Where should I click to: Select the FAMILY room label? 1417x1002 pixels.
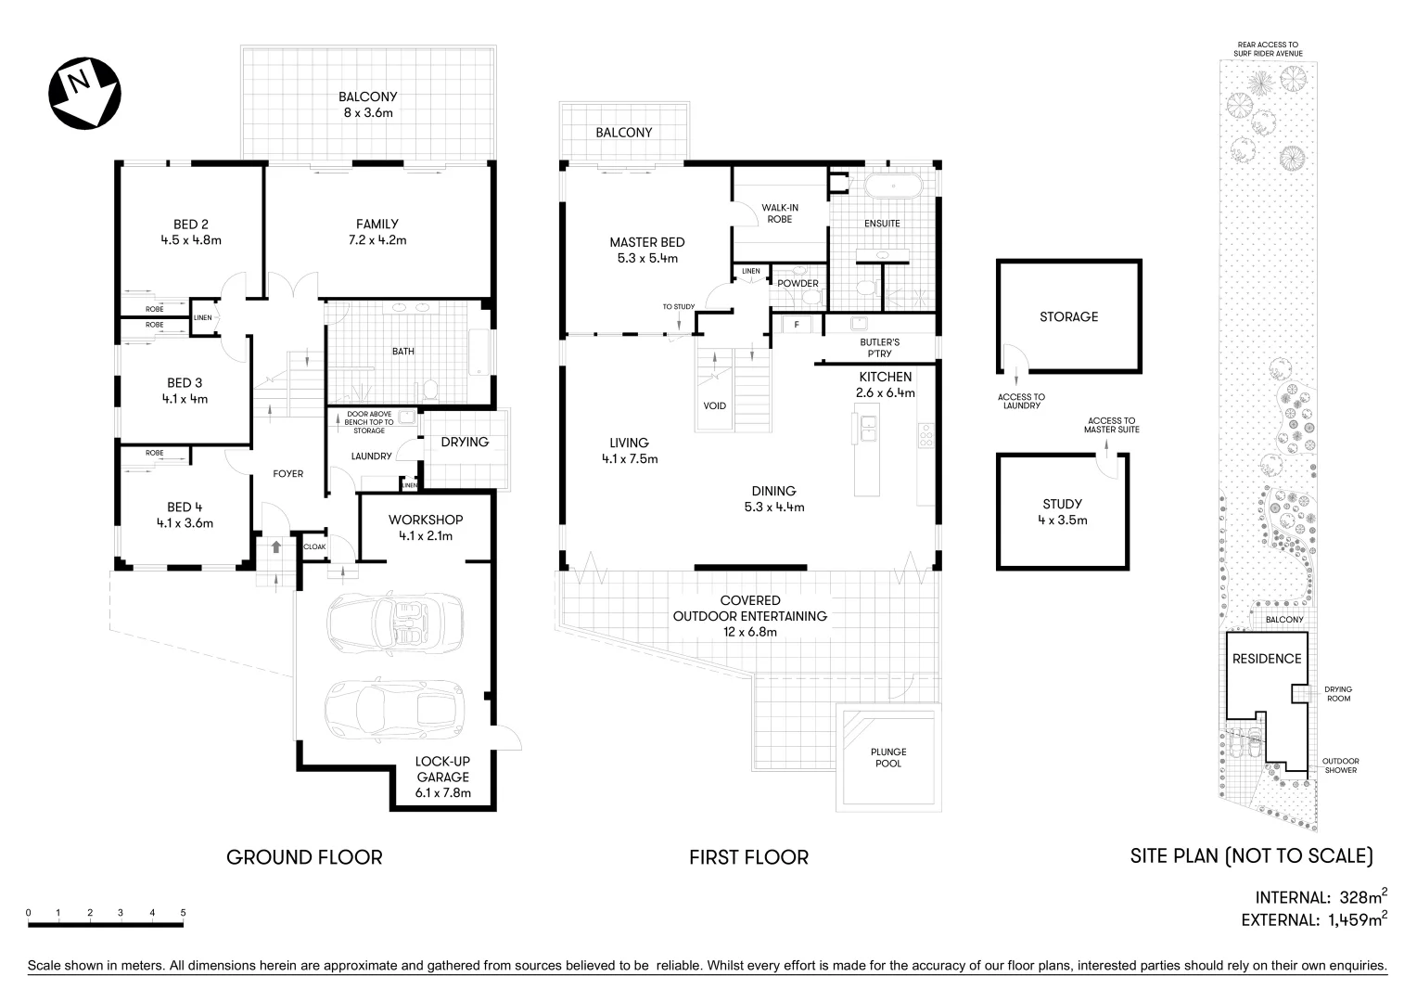(x=377, y=224)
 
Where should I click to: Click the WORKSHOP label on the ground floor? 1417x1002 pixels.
(x=426, y=520)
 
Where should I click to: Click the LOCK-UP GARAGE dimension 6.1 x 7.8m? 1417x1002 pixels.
(x=442, y=793)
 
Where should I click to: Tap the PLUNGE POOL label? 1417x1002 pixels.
(x=888, y=757)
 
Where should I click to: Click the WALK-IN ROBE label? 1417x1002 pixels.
(x=780, y=213)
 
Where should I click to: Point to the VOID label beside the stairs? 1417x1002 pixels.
(x=715, y=405)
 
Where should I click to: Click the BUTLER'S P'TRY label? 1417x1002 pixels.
(x=879, y=348)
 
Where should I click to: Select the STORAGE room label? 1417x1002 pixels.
(x=1068, y=316)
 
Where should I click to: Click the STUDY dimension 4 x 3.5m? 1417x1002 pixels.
(x=1062, y=520)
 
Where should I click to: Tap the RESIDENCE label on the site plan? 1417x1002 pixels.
(x=1266, y=659)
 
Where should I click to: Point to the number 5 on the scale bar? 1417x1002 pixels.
(x=183, y=913)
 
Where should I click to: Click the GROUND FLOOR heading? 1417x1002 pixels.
(x=304, y=857)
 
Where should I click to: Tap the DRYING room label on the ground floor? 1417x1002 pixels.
(x=465, y=443)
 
